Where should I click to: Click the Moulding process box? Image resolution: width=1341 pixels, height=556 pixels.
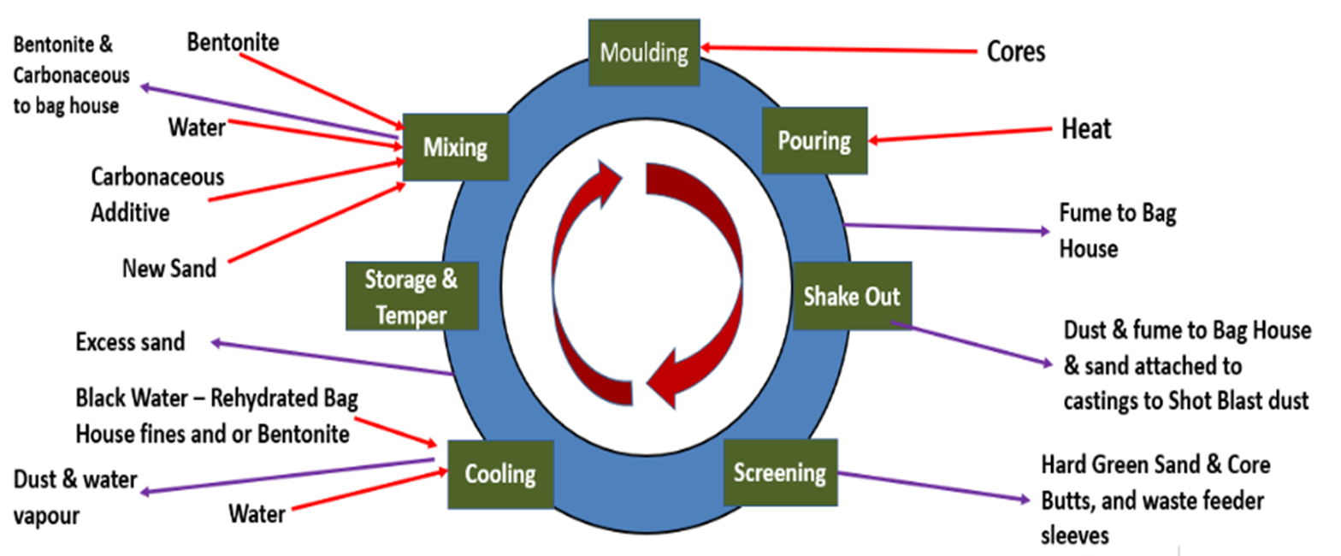pyautogui.click(x=644, y=53)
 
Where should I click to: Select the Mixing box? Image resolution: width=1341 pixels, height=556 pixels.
pyautogui.click(x=456, y=147)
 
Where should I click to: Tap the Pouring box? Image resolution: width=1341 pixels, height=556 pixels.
pyautogui.click(x=814, y=140)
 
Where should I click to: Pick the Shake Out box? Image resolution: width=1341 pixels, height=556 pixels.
pyautogui.click(x=851, y=296)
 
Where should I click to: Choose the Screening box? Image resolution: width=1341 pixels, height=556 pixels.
pyautogui.click(x=780, y=472)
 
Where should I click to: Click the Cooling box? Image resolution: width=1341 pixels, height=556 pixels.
pyautogui.click(x=500, y=474)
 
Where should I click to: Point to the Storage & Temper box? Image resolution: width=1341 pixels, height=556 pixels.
pyautogui.click(x=411, y=296)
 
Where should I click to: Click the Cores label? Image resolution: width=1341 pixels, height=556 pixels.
pyautogui.click(x=1016, y=51)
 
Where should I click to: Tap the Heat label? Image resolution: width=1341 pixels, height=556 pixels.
pyautogui.click(x=1086, y=129)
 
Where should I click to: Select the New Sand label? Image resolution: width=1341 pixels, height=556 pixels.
pyautogui.click(x=168, y=269)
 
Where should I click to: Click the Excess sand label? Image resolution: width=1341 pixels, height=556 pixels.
pyautogui.click(x=130, y=342)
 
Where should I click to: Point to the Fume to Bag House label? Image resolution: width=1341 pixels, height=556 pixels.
pyautogui.click(x=1117, y=230)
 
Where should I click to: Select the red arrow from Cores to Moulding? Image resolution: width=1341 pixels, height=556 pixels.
pyautogui.click(x=838, y=50)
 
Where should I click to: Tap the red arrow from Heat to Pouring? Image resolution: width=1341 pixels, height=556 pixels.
pyautogui.click(x=958, y=135)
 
